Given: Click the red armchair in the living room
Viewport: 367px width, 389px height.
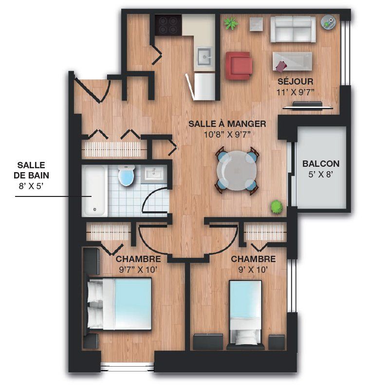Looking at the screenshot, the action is click(x=239, y=66).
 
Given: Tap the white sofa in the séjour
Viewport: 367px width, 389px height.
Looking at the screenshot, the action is click(x=293, y=29).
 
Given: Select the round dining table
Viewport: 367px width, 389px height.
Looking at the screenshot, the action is click(x=237, y=171).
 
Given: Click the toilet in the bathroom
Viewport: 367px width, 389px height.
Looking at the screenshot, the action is click(x=126, y=175).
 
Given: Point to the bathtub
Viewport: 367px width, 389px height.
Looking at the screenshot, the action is click(x=94, y=191).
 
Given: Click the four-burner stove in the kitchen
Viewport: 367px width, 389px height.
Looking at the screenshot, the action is click(x=168, y=25).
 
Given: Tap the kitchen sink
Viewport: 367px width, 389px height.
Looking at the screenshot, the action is click(x=204, y=56).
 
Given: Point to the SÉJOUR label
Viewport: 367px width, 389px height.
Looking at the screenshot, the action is click(x=295, y=81).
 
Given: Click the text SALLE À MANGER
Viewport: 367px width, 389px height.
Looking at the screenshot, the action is click(x=227, y=124).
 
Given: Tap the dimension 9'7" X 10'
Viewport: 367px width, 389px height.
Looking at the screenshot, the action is click(x=138, y=269).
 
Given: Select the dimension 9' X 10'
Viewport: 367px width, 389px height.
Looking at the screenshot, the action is click(x=253, y=269).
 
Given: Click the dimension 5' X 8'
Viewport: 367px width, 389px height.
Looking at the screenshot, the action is click(x=321, y=175).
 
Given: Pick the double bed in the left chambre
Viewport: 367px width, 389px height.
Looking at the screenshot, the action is click(x=119, y=303).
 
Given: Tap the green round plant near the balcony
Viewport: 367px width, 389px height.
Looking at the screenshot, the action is click(x=276, y=207).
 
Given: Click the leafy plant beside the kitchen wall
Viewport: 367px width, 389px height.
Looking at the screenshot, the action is click(x=231, y=23).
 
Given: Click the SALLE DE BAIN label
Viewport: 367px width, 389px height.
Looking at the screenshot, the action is click(x=31, y=170).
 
